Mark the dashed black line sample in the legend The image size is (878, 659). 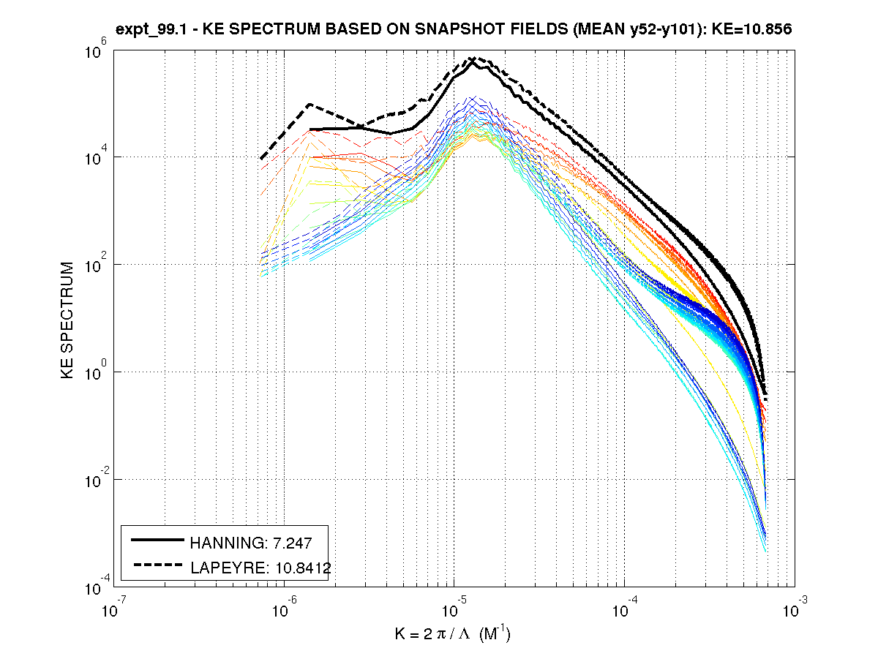[x=157, y=564]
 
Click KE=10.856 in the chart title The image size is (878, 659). [x=754, y=30]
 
